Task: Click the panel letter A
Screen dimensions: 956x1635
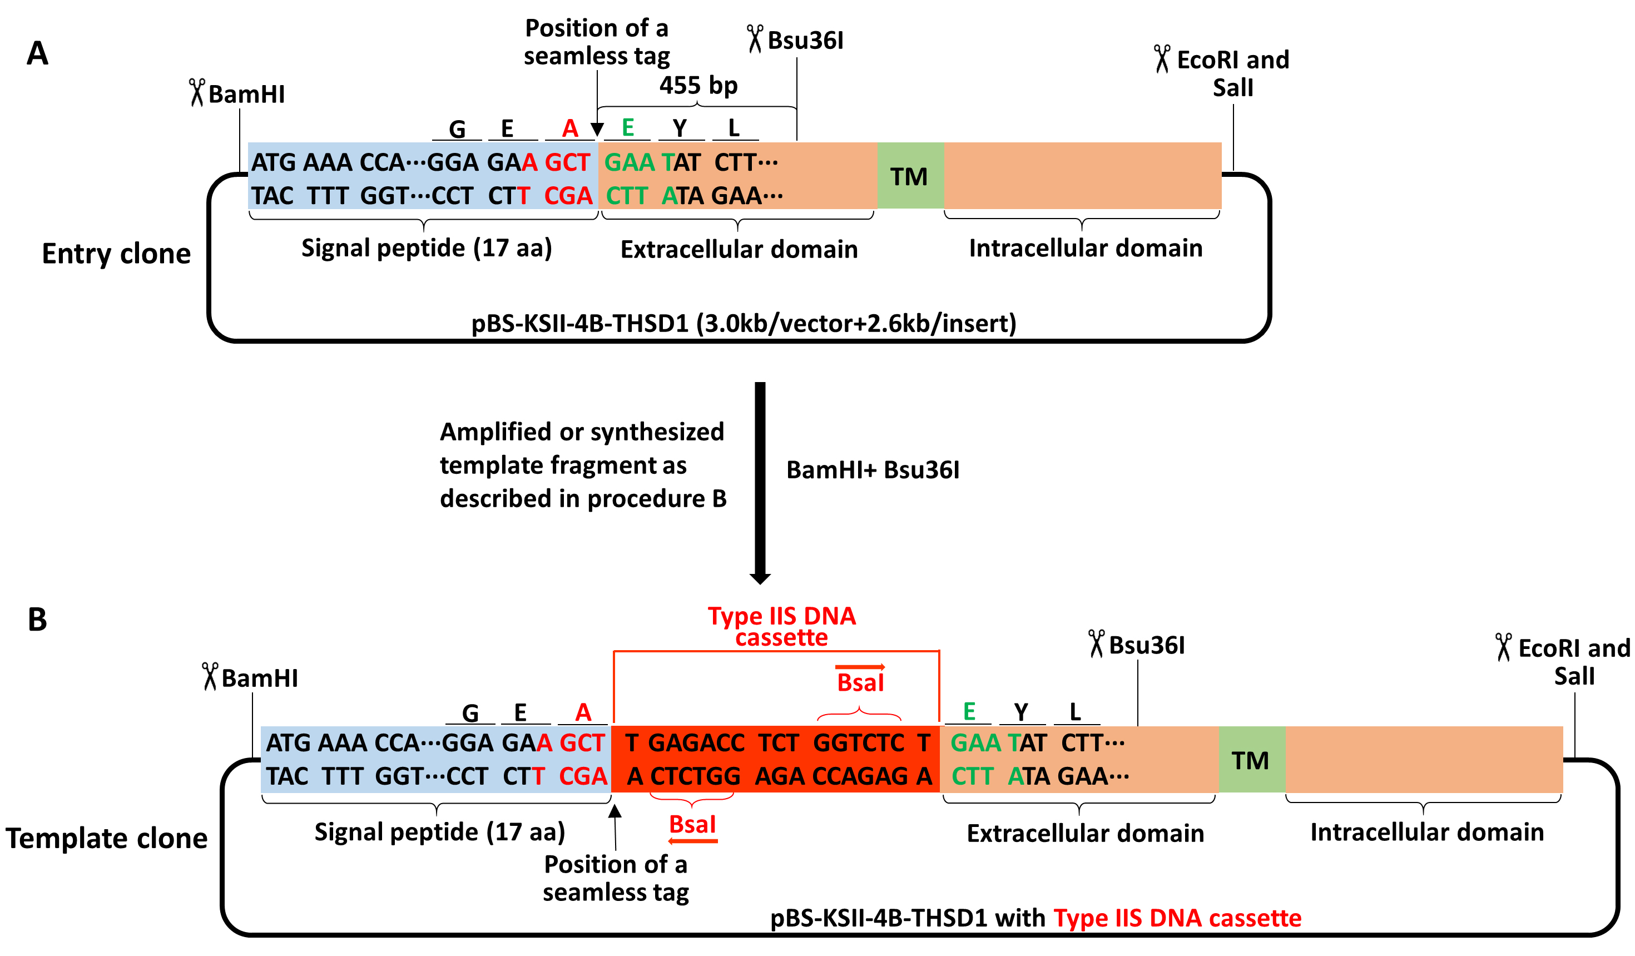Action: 37,53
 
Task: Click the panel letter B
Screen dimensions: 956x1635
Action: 37,620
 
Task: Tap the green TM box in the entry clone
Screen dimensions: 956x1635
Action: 910,176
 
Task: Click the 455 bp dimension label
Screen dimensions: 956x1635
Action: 698,86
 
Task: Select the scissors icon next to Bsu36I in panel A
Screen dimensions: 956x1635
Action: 755,39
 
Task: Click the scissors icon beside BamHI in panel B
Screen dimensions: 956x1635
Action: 210,676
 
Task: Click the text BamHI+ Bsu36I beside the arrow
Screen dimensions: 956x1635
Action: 873,470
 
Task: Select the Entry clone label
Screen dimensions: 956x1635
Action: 116,253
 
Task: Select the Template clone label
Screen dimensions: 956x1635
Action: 106,838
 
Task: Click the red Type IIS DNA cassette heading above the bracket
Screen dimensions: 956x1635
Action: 781,626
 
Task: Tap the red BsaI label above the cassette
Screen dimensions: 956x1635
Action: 860,683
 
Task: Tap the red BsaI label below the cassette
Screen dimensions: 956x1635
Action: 692,824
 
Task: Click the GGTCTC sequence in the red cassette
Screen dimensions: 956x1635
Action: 859,742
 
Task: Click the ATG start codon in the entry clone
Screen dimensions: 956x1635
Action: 274,162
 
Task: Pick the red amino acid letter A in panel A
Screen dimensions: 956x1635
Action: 569,128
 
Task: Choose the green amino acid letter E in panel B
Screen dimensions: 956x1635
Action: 969,711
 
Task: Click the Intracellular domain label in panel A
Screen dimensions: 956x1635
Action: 1085,248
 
